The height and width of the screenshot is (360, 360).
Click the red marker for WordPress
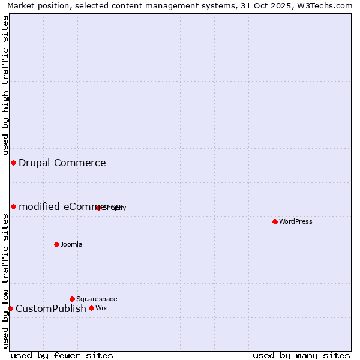point(275,221)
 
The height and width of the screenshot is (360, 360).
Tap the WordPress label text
point(296,221)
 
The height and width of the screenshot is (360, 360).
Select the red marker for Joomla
point(56,244)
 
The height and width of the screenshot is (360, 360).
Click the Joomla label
point(71,244)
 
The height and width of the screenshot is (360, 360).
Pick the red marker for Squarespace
point(72,299)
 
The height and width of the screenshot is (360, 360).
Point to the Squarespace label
point(97,299)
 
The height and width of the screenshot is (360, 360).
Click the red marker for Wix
point(91,308)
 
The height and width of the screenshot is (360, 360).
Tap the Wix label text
point(101,308)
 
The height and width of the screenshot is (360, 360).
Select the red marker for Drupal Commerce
point(13,163)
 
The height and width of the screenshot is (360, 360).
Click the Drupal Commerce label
point(62,163)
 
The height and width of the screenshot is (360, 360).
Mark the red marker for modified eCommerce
point(13,206)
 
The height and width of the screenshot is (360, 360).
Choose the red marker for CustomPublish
point(10,308)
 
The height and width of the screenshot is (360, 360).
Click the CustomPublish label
point(51,308)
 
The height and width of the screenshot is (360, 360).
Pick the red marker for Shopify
point(98,208)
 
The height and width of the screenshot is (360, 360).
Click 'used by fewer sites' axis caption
point(62,355)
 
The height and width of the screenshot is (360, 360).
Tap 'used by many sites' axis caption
point(301,355)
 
